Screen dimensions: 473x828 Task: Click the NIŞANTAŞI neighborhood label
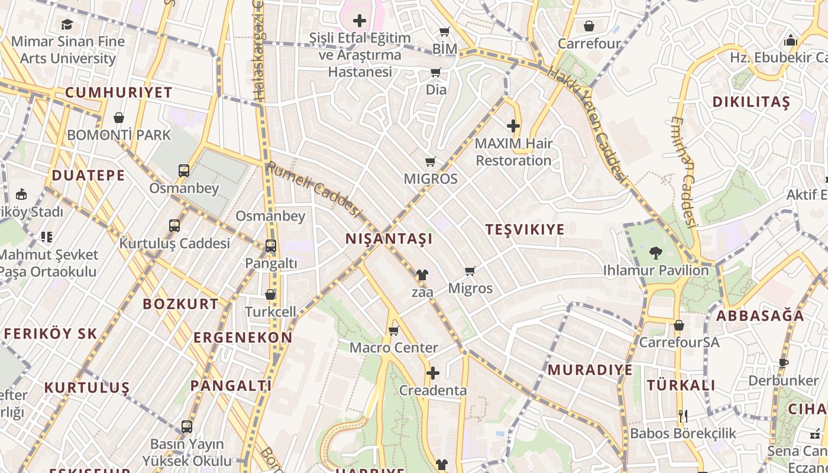click(389, 239)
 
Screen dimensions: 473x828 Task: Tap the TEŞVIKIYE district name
click(525, 229)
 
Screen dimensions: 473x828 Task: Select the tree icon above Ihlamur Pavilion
click(655, 253)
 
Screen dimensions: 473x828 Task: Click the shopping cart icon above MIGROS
click(431, 161)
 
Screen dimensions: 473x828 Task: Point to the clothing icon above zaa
click(422, 275)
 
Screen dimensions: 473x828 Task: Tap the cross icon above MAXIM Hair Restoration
click(513, 126)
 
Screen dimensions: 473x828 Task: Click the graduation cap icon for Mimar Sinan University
click(67, 24)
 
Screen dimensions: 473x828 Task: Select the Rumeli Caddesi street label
click(313, 189)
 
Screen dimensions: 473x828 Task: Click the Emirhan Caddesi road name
click(683, 171)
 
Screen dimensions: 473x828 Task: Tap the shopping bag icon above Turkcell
click(270, 294)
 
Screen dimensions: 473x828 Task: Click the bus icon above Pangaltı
click(271, 246)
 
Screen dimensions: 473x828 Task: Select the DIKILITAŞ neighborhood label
click(751, 102)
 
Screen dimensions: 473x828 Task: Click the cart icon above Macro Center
click(394, 331)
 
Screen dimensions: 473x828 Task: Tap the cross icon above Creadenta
click(433, 373)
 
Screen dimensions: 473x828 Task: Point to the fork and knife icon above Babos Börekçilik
click(683, 416)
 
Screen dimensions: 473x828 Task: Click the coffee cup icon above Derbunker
click(784, 363)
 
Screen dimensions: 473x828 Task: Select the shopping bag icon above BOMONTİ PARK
click(119, 118)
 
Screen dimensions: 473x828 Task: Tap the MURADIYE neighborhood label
click(590, 370)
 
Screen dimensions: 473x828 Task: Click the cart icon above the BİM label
click(445, 31)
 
